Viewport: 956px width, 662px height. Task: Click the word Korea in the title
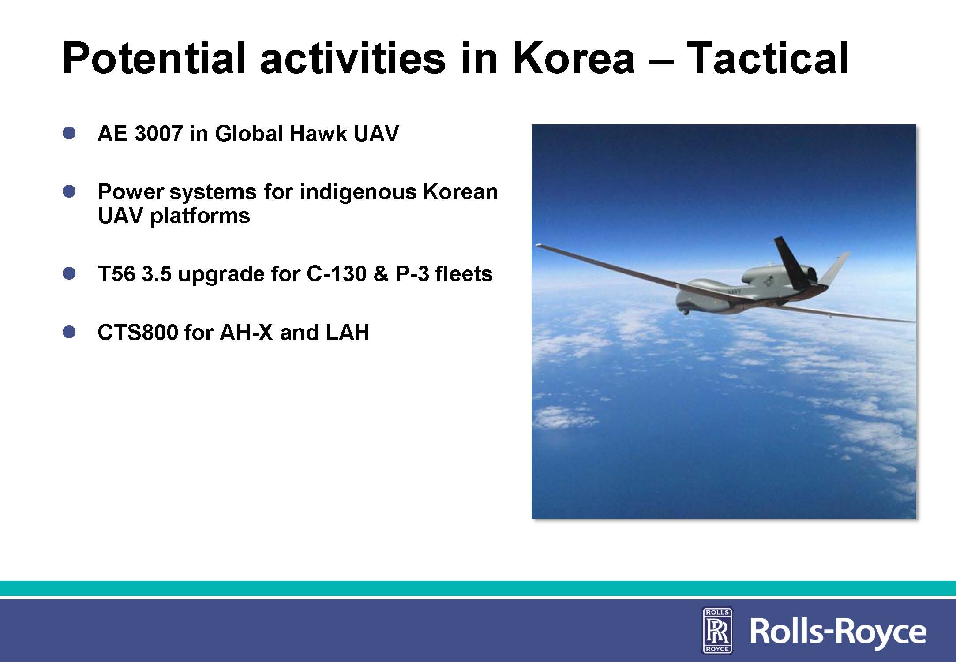[x=574, y=59]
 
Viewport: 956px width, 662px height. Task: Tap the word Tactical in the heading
[x=768, y=59]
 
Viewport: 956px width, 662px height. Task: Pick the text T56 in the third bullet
[x=116, y=274]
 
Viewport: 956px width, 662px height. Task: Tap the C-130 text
[x=337, y=274]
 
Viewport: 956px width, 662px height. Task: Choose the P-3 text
[x=412, y=274]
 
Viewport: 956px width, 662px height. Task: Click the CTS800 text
[x=138, y=333]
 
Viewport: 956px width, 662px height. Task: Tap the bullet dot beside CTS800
[x=69, y=332]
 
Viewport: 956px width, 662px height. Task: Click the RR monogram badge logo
[x=717, y=630]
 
